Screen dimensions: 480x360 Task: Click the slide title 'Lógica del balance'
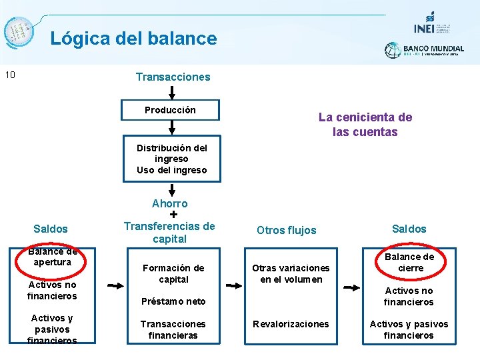133,38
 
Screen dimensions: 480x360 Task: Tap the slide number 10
10,74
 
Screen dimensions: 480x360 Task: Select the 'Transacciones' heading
173,77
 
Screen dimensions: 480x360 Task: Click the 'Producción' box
170,110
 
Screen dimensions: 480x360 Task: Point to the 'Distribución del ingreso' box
171,159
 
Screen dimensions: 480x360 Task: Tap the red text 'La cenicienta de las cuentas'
365,125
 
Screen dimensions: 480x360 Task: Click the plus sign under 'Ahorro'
173,215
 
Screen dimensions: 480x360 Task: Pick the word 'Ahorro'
170,203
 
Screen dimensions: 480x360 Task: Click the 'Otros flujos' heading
286,230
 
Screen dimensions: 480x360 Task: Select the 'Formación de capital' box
173,273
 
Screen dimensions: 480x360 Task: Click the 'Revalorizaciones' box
290,324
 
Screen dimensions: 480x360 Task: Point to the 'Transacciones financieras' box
173,329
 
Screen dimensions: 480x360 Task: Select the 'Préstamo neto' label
173,301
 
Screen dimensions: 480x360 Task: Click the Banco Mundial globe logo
393,50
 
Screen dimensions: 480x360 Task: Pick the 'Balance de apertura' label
53,257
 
